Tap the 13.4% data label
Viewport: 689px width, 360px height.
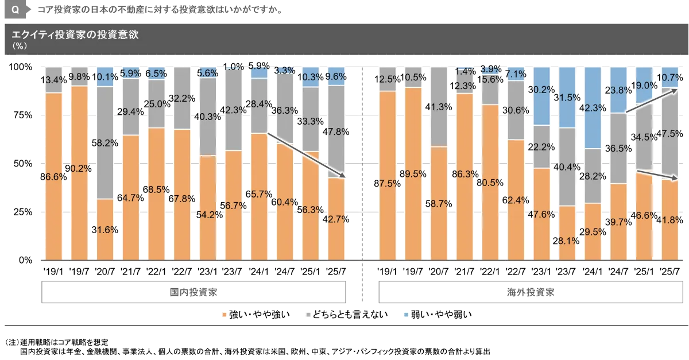54,79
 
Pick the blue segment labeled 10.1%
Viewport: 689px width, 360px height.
105,77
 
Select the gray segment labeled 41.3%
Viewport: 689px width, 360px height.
439,107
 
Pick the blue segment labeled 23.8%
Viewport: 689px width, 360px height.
618,90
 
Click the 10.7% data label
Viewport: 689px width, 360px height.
669,78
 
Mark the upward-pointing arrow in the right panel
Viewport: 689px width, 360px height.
653,100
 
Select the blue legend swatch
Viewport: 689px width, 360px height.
405,315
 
